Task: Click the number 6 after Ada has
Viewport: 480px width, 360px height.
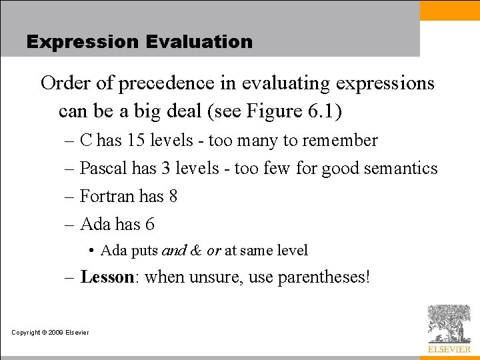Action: click(149, 225)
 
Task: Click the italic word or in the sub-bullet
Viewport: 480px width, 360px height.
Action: click(213, 251)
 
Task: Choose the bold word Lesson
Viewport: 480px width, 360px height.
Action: click(107, 277)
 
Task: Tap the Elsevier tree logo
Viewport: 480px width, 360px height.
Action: click(449, 323)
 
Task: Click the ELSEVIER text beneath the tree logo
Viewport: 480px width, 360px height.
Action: click(449, 349)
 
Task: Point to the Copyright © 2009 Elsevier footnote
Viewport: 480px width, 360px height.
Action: click(50, 332)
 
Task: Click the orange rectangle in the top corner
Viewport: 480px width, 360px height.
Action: click(449, 10)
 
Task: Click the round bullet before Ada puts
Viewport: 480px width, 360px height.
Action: click(91, 251)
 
